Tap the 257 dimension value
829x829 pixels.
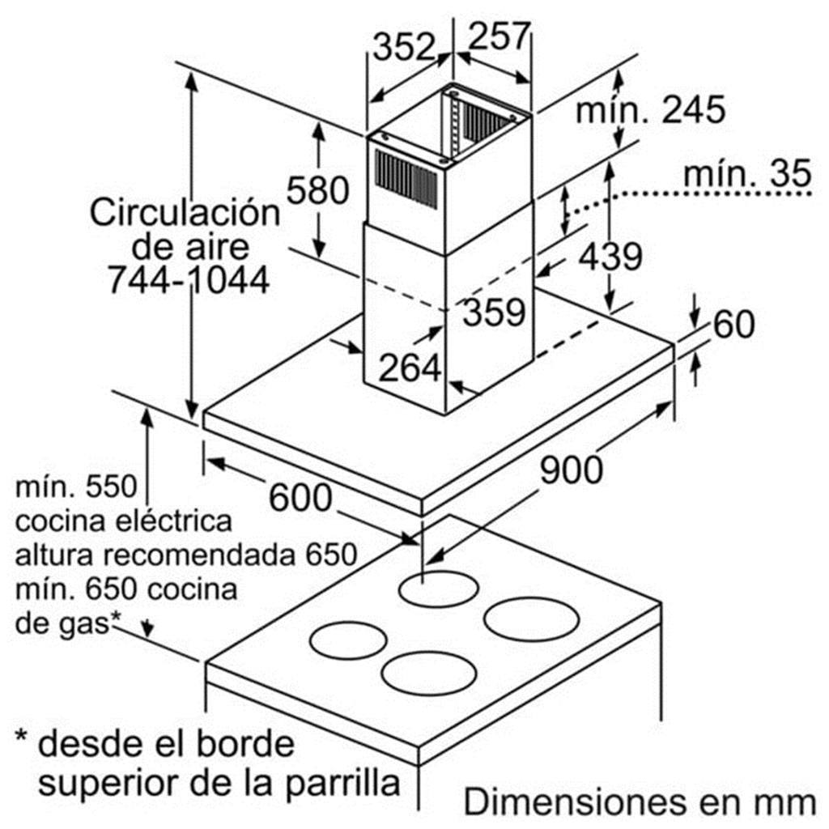click(499, 36)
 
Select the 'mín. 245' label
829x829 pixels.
click(650, 110)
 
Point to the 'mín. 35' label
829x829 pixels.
click(747, 173)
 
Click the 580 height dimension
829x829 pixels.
click(317, 189)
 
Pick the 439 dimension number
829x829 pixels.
click(610, 257)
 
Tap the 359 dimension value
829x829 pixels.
click(494, 312)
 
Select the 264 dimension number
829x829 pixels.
click(410, 368)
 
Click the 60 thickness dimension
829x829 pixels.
click(733, 324)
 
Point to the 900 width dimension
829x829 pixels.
click(571, 470)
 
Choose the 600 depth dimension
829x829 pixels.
click(300, 498)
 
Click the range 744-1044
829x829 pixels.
click(189, 279)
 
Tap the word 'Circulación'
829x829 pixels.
click(185, 213)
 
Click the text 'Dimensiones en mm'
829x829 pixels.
click(640, 802)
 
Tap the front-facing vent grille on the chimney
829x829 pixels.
click(406, 179)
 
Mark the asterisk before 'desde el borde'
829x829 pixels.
click(21, 736)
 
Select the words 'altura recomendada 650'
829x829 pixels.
click(186, 555)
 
